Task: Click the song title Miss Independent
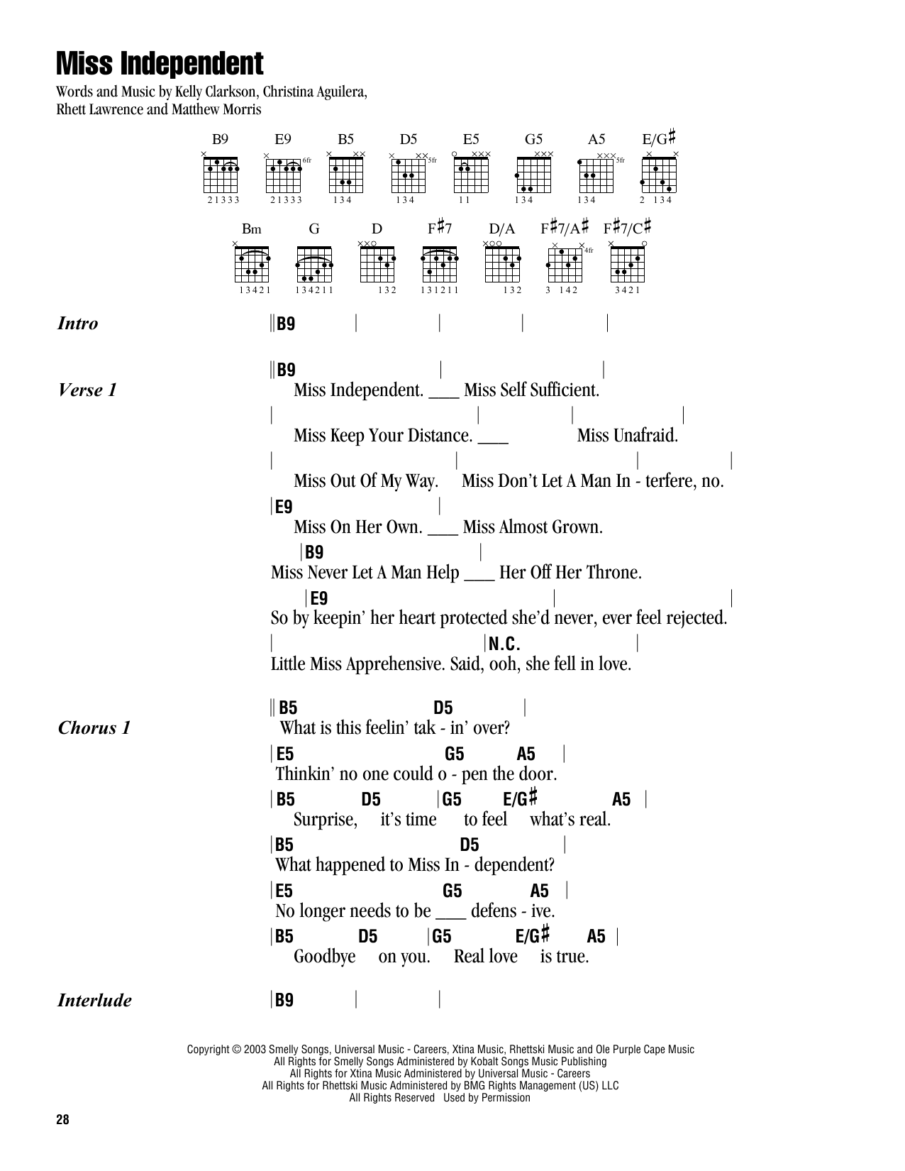[x=160, y=64]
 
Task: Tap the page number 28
[x=62, y=1119]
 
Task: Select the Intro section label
[x=77, y=324]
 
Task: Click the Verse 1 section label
[x=87, y=390]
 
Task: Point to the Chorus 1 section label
[x=94, y=727]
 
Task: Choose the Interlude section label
[x=94, y=1000]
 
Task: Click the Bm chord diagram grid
[x=252, y=265]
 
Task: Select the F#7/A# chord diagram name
[x=565, y=227]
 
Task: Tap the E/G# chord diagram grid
[x=659, y=175]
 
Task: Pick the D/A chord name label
[x=501, y=229]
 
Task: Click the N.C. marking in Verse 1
[x=504, y=644]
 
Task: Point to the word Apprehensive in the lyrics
[x=396, y=664]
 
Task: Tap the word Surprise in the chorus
[x=325, y=820]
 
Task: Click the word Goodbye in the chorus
[x=325, y=957]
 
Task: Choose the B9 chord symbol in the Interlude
[x=284, y=1000]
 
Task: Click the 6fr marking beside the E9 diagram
[x=307, y=160]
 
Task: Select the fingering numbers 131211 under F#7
[x=440, y=290]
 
